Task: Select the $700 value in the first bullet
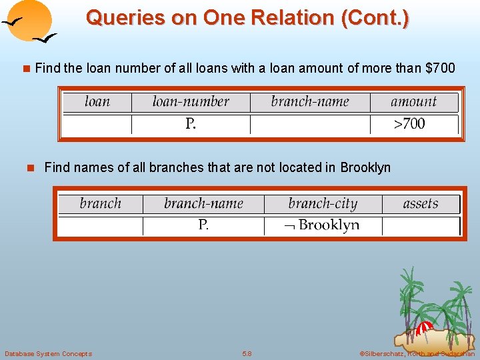pyautogui.click(x=440, y=68)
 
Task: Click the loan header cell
pyautogui.click(x=97, y=102)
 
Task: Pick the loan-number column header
pyautogui.click(x=191, y=102)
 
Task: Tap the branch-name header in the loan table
pyautogui.click(x=310, y=102)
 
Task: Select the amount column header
pyautogui.click(x=413, y=102)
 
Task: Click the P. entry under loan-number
pyautogui.click(x=191, y=124)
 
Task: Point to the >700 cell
pyautogui.click(x=409, y=124)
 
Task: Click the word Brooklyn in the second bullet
pyautogui.click(x=365, y=167)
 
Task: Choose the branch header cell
pyautogui.click(x=101, y=203)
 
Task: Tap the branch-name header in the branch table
pyautogui.click(x=203, y=203)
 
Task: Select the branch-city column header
pyautogui.click(x=323, y=203)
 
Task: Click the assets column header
pyautogui.click(x=421, y=203)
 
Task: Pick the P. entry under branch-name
pyautogui.click(x=203, y=225)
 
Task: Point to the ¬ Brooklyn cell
pyautogui.click(x=323, y=225)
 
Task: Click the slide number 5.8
pyautogui.click(x=247, y=353)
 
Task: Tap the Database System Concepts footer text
pyautogui.click(x=48, y=353)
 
